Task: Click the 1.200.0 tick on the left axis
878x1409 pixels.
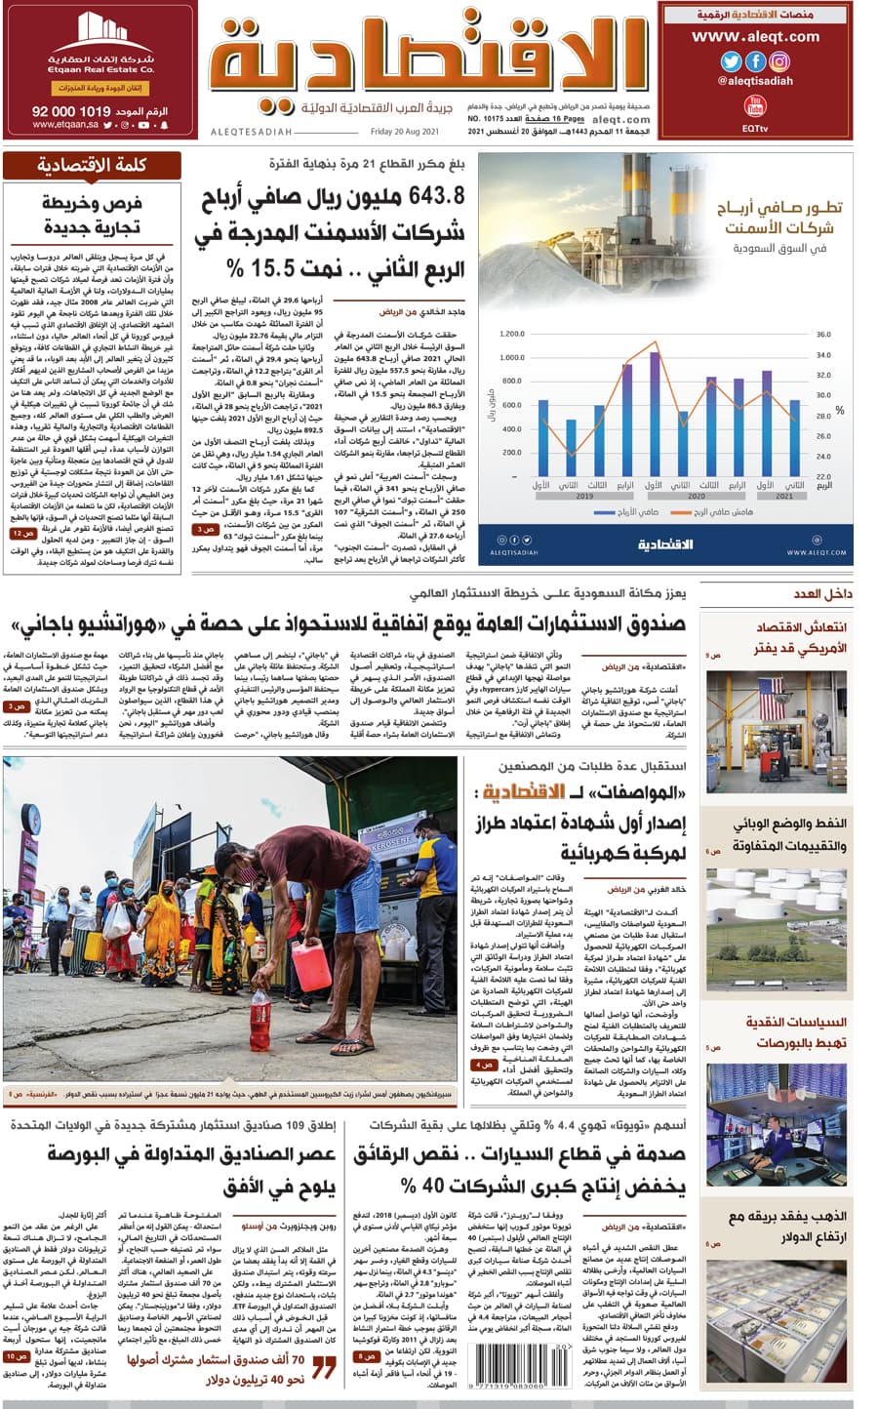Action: (x=511, y=335)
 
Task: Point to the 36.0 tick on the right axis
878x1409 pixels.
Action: (x=823, y=335)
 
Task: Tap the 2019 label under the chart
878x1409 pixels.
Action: (x=584, y=496)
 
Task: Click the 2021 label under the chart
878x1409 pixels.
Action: (x=785, y=496)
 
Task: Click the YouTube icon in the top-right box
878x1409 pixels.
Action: (x=754, y=105)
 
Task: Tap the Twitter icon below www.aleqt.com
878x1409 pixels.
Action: (x=731, y=61)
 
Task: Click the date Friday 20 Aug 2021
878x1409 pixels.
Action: (x=405, y=132)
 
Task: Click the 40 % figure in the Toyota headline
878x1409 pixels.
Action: (x=418, y=1186)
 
